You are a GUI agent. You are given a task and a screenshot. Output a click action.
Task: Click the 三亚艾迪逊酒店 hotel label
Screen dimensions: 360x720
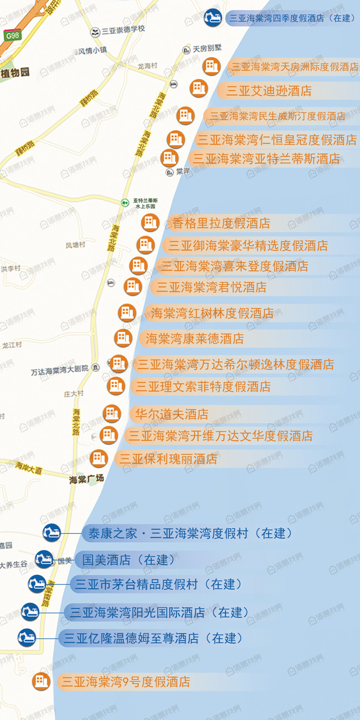(x=269, y=91)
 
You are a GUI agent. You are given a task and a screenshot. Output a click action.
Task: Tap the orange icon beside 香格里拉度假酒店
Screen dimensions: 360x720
(x=150, y=223)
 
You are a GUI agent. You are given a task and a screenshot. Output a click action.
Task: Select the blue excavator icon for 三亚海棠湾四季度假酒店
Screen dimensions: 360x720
(x=213, y=18)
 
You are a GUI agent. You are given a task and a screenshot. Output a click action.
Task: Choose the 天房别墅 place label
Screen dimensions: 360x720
(x=206, y=49)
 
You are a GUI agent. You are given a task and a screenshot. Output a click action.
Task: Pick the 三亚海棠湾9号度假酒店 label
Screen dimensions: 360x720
(x=126, y=682)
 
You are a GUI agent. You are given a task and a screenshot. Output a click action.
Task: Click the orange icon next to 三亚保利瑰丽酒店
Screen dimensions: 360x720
(x=99, y=458)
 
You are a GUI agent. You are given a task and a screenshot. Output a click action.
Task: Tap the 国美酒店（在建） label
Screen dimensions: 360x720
(x=128, y=559)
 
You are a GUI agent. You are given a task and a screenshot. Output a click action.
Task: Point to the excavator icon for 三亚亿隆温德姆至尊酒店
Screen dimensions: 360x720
(x=27, y=637)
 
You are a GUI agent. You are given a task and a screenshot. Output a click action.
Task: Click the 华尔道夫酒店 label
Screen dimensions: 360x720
(x=172, y=414)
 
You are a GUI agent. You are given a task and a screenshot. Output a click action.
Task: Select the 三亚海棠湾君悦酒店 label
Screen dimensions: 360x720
(x=211, y=287)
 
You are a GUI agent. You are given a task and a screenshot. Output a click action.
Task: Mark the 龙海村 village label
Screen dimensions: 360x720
(x=147, y=65)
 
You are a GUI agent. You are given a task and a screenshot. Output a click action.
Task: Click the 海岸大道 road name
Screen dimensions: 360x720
(x=29, y=469)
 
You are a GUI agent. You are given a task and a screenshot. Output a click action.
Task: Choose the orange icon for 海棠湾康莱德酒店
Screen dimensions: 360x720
(x=123, y=338)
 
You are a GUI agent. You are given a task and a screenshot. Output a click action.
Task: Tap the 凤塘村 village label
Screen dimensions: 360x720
(x=75, y=245)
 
